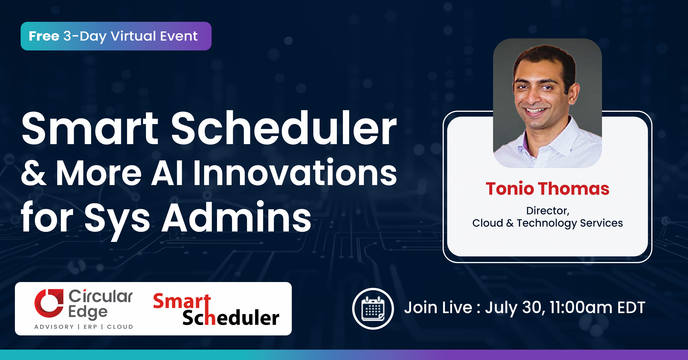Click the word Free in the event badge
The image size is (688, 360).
coord(44,36)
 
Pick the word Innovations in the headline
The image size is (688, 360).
coord(295,172)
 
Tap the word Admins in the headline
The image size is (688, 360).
coord(236,217)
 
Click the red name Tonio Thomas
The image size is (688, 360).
coord(548,189)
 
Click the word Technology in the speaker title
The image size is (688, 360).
coord(547,223)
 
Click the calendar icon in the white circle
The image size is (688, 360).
coord(373,309)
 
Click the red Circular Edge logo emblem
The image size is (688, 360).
coord(49,303)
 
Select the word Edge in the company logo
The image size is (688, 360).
coord(88,312)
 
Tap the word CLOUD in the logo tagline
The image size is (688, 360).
coord(120,327)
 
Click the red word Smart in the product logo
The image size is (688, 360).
coord(182,301)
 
